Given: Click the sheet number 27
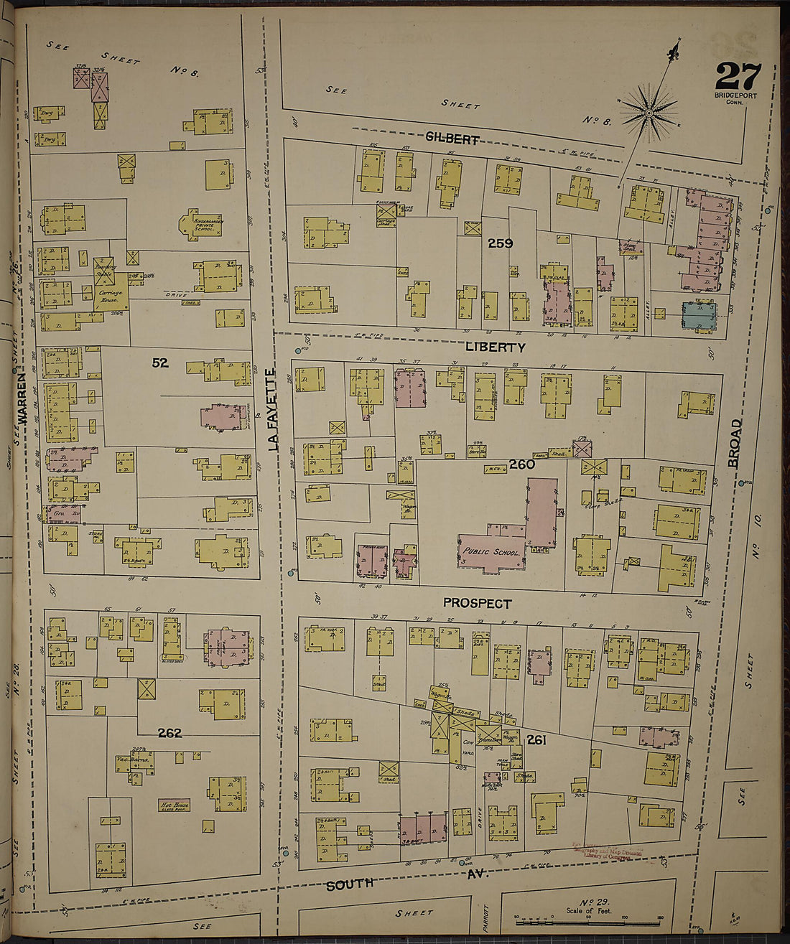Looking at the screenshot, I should click(x=744, y=76).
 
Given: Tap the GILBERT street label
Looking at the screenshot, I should click(x=452, y=139).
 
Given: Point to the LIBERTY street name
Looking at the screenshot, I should click(x=495, y=347).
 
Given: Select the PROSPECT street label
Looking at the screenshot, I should click(x=477, y=604).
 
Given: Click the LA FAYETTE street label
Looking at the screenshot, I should click(x=273, y=410).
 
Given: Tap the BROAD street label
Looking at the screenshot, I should click(x=735, y=444).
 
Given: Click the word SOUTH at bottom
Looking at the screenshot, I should click(x=350, y=884).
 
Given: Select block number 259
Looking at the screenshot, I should click(x=500, y=243).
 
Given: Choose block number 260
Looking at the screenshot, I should click(x=522, y=464).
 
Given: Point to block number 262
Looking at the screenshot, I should click(x=170, y=733).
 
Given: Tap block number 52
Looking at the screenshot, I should click(x=159, y=363).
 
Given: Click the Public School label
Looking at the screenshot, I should click(x=491, y=552).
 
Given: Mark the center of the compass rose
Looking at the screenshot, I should click(x=649, y=113).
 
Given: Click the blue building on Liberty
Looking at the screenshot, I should click(x=699, y=316).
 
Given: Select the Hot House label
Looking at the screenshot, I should click(x=175, y=805).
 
